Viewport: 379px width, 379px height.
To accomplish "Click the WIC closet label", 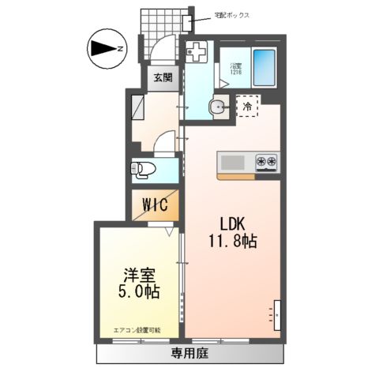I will click(155, 205).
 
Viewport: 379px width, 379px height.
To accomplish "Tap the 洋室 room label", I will click(137, 275).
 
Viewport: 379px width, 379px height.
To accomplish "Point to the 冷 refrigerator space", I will click(247, 106).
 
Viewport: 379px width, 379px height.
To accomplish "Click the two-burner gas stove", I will click(266, 162).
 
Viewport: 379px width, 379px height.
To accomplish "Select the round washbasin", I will click(216, 108).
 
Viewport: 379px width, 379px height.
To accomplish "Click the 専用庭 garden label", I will click(189, 352).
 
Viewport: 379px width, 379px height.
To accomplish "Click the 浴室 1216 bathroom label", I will click(236, 69).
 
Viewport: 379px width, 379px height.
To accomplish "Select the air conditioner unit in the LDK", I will click(277, 313).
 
